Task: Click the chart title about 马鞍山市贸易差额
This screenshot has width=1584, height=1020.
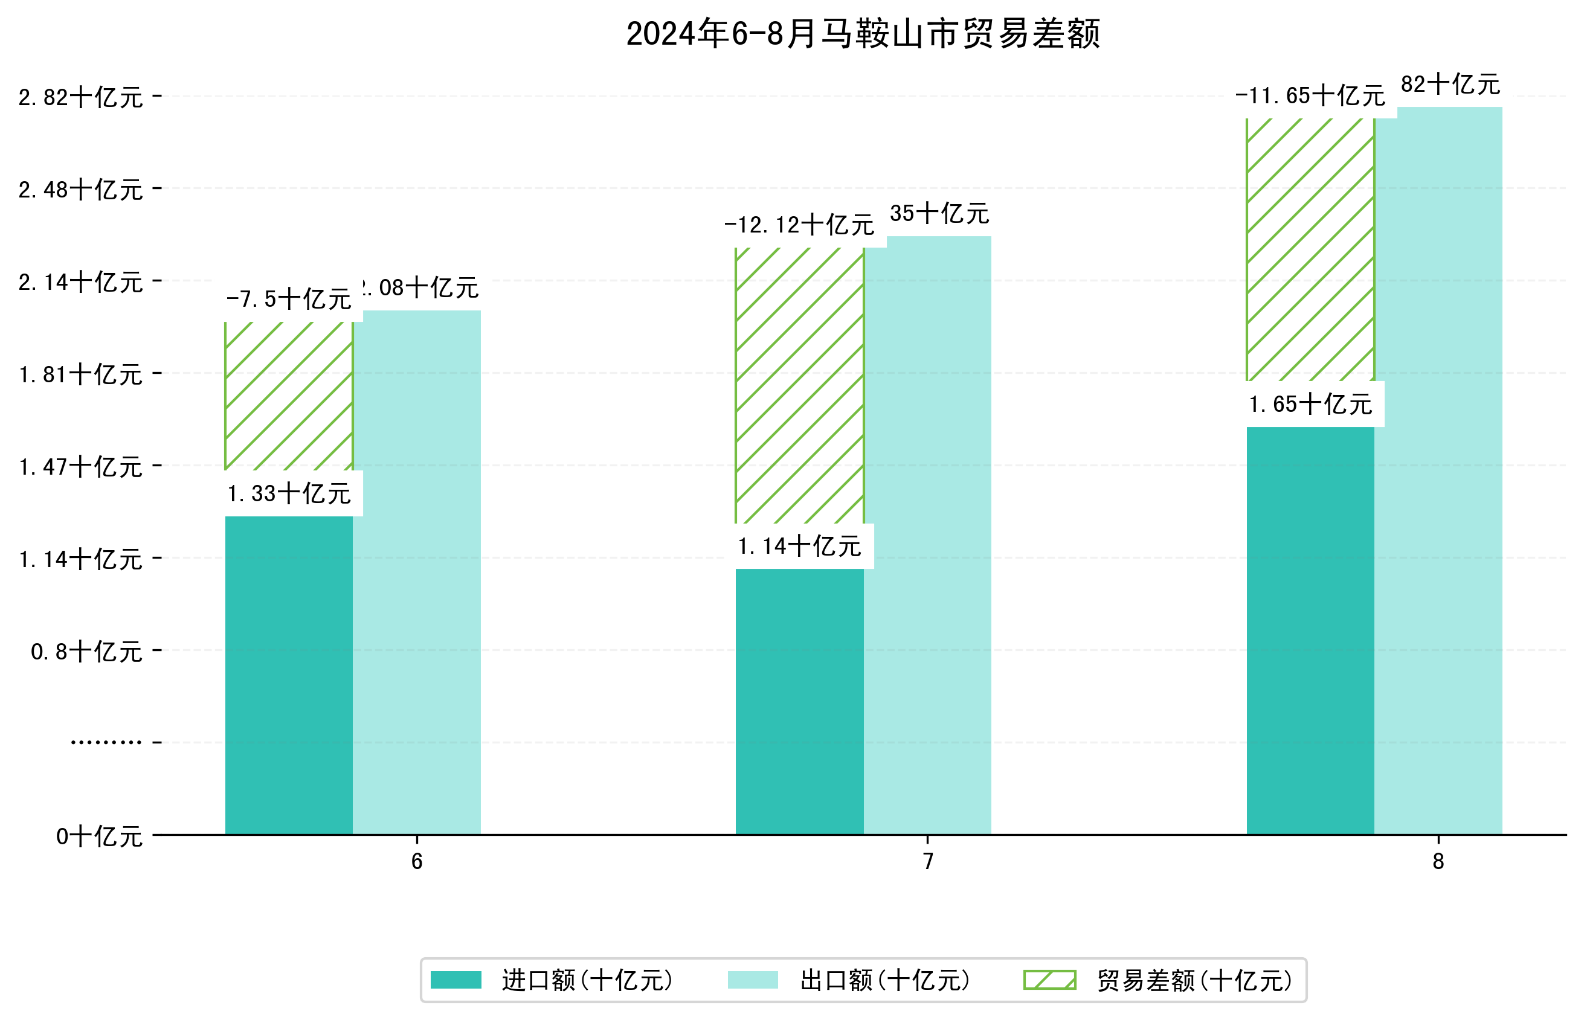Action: (863, 34)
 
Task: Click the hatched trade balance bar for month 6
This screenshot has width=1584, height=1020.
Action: (289, 396)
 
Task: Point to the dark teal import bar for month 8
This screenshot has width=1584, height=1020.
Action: (1310, 630)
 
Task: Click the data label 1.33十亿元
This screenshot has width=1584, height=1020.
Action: (289, 494)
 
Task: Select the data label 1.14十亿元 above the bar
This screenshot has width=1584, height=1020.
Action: (799, 547)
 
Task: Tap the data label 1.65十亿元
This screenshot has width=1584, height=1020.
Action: (1310, 404)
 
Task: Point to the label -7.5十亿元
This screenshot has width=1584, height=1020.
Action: (289, 300)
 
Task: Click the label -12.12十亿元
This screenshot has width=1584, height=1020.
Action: (799, 225)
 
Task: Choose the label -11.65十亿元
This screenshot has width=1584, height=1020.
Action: (1310, 96)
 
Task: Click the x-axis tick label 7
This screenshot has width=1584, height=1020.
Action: (927, 862)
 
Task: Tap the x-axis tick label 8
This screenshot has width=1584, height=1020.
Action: (1438, 862)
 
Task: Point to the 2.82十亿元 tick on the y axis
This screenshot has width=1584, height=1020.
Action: (80, 98)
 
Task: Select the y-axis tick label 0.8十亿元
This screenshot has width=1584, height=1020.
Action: (86, 652)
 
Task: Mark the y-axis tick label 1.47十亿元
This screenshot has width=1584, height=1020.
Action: (80, 467)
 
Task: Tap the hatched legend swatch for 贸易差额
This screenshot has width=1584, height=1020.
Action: (1049, 980)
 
